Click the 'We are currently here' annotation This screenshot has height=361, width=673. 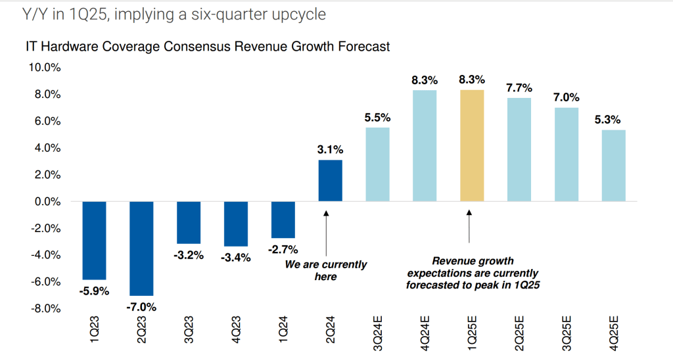click(x=326, y=270)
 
